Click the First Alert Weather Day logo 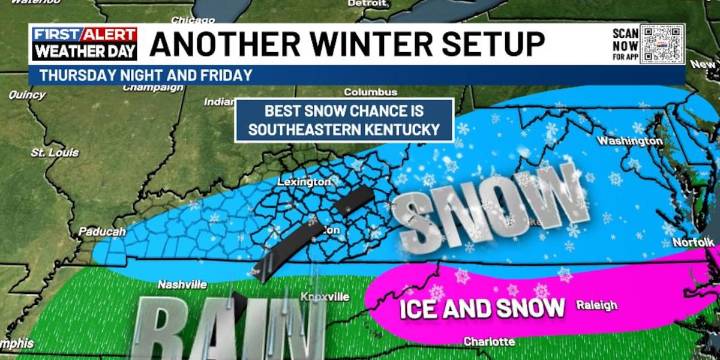pos(84,44)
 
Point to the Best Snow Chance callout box pos(345,120)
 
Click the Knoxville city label pos(325,297)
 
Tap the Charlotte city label pos(489,342)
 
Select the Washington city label pos(629,141)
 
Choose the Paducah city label pos(101,232)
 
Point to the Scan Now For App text pos(625,46)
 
